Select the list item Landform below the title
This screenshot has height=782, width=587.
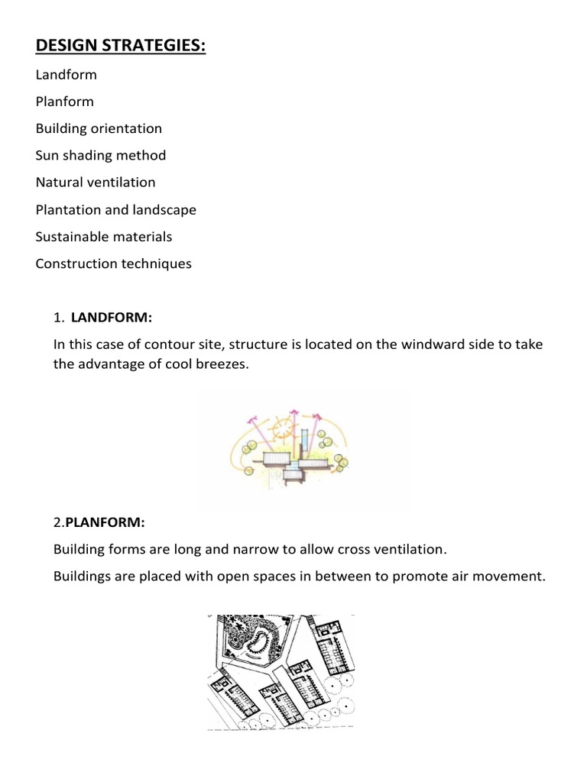[x=66, y=75]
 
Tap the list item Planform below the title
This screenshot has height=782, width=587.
[x=65, y=102]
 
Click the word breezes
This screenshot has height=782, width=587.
[x=222, y=364]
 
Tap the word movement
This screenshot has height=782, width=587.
[x=513, y=576]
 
